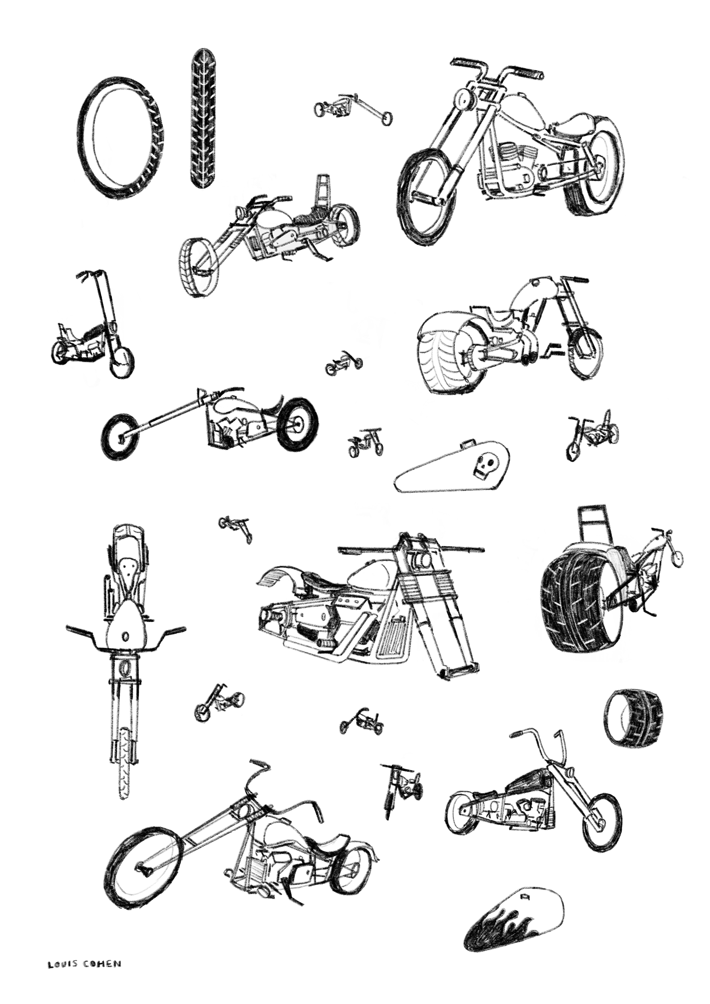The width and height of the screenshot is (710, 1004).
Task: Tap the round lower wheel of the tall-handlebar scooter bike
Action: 122,363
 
